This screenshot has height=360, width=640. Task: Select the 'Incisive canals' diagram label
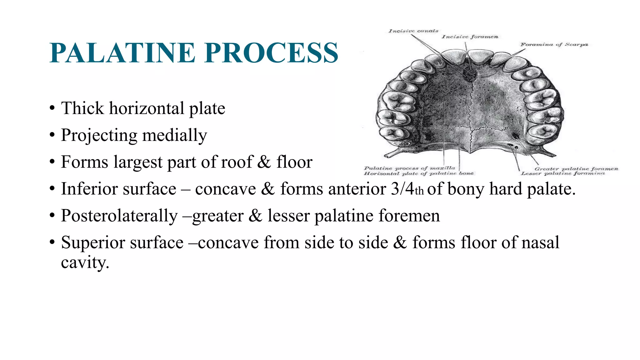(413, 31)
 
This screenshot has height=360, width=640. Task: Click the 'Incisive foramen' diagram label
(470, 37)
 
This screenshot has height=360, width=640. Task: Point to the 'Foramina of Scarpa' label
(554, 45)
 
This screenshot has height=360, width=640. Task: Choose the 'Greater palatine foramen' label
(576, 169)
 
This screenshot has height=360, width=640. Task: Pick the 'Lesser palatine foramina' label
(563, 173)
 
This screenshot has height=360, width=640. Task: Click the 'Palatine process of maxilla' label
(409, 168)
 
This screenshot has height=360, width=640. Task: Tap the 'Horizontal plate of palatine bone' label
(418, 173)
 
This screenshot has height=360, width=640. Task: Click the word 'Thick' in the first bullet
(82, 108)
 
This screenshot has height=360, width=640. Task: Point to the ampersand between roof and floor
(264, 162)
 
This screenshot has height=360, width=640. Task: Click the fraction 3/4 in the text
(402, 189)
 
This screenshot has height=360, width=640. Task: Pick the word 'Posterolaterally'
(119, 216)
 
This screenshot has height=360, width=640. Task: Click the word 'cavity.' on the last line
(85, 262)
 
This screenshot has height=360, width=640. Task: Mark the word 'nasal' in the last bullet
(540, 243)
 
